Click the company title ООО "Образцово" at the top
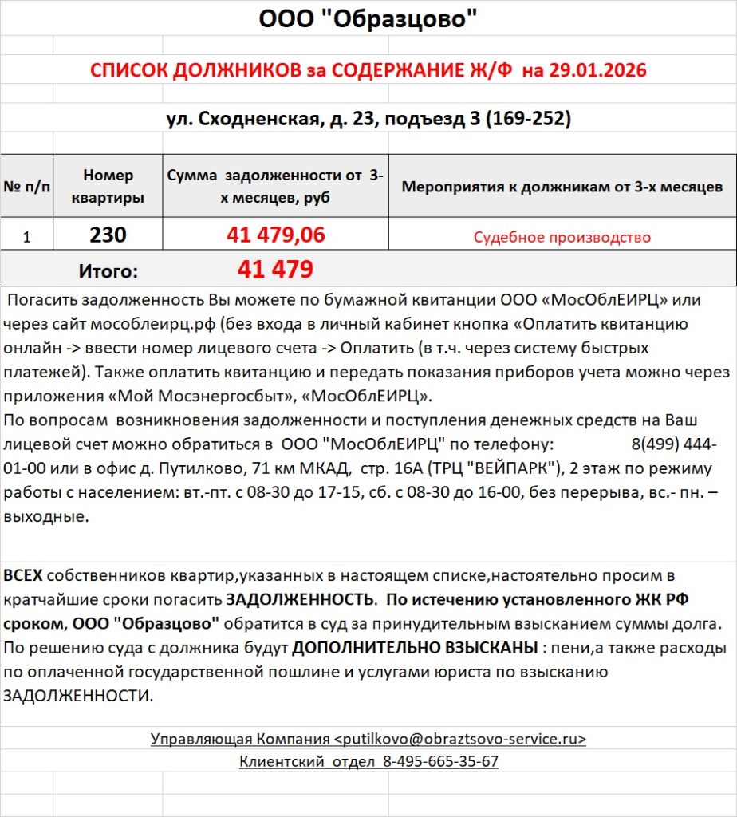pos(368,18)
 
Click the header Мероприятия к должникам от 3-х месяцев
pos(562,187)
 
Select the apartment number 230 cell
pos(108,235)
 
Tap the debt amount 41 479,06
pos(276,235)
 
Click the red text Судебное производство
pos(562,237)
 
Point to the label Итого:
pos(108,271)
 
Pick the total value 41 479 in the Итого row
pos(275,270)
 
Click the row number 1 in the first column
pos(26,237)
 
